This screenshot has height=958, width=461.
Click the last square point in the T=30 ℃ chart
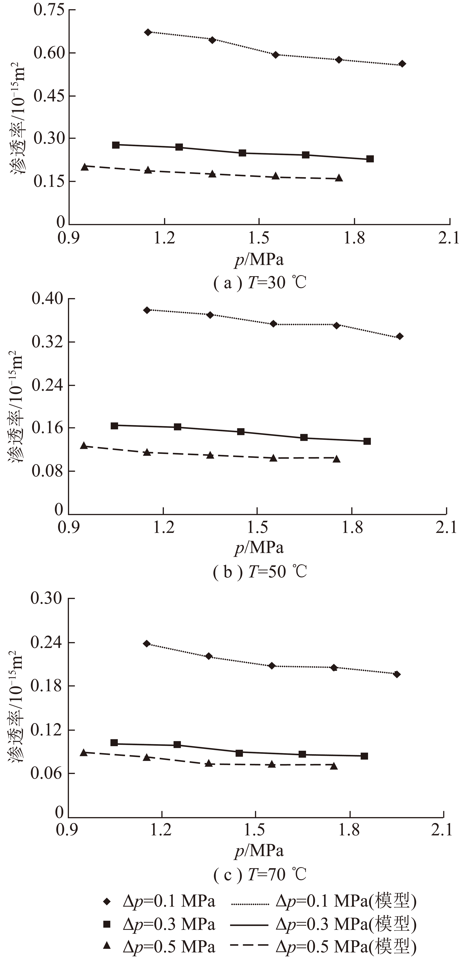(x=370, y=159)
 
